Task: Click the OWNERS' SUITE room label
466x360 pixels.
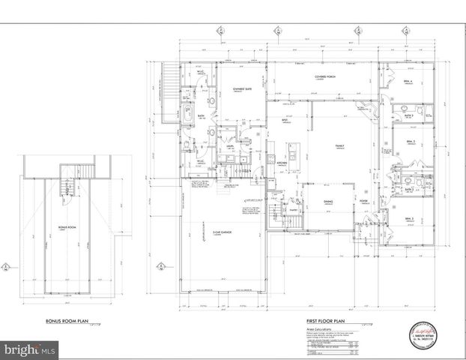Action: pos(240,89)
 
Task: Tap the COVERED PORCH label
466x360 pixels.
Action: pos(324,77)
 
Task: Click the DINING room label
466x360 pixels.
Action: pos(327,201)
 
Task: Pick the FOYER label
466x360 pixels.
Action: pos(363,201)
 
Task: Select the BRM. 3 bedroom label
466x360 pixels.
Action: pos(410,218)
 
